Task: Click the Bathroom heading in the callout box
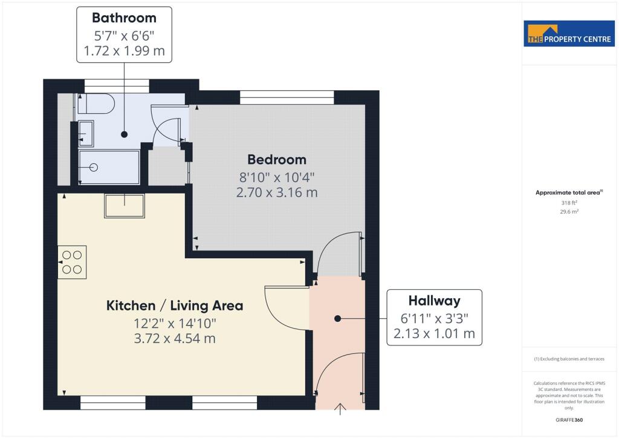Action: click(124, 18)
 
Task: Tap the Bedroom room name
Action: click(277, 160)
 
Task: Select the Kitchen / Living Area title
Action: click(175, 306)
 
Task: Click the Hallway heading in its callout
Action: click(434, 301)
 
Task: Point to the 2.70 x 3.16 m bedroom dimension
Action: click(277, 192)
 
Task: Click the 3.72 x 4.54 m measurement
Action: click(175, 338)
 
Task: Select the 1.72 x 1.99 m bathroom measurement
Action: click(124, 51)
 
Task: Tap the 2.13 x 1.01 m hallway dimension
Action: click(434, 333)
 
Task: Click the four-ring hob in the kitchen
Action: click(73, 262)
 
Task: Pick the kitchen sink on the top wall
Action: click(125, 205)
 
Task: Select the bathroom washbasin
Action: click(86, 134)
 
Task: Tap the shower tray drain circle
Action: click(94, 168)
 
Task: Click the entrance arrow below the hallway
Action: click(340, 409)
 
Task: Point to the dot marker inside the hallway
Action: click(337, 318)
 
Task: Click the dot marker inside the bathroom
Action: click(125, 134)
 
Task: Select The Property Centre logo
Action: click(569, 33)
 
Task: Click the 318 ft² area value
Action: click(569, 203)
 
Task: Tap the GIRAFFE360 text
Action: click(569, 420)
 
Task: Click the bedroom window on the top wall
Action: click(287, 97)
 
